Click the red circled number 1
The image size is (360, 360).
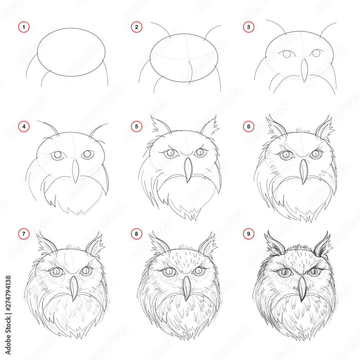pos(23,27)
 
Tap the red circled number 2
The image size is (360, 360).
pos(136,27)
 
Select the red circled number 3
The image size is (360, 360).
pos(248,27)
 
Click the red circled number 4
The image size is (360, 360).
pos(23,127)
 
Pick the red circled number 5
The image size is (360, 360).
pos(136,127)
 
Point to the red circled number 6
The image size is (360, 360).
pos(248,127)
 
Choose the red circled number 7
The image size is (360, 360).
pos(23,234)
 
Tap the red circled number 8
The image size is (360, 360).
pos(136,234)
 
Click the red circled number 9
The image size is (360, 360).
pos(248,234)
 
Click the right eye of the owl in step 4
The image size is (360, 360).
pos(87,155)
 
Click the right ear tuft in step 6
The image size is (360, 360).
pos(324,127)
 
